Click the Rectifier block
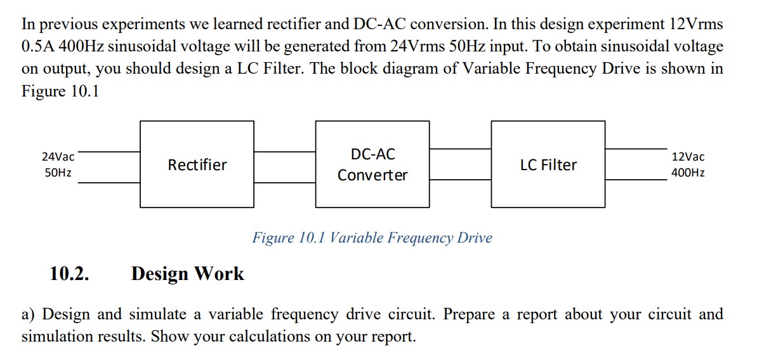197,164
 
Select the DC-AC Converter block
372,164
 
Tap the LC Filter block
548,164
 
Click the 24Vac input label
58,156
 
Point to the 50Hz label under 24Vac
58,173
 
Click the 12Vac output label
688,156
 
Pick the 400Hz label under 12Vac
688,173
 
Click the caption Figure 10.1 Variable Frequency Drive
372,238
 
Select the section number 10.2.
69,274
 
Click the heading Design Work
187,274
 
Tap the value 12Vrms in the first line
695,24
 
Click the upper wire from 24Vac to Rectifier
109,152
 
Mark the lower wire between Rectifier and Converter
284,182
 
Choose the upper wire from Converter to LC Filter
460,149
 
